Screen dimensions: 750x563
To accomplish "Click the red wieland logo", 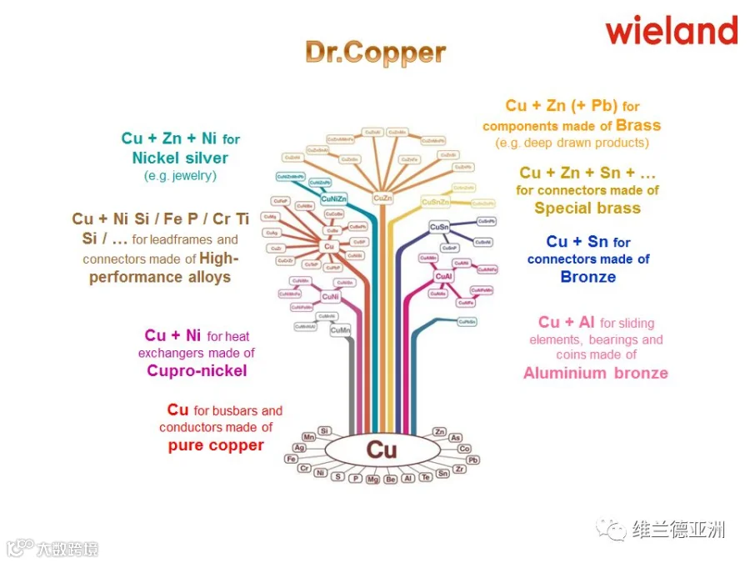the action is (671, 30).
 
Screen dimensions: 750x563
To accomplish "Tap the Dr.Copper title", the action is (375, 53).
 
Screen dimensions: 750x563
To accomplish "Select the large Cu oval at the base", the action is (382, 450).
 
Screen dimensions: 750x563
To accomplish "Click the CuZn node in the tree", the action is (382, 199).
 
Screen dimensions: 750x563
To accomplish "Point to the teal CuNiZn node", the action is (333, 199).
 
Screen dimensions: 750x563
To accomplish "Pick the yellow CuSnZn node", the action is (435, 202).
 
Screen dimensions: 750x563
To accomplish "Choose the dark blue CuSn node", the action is (439, 227).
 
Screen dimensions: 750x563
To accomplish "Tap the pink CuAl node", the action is (444, 275).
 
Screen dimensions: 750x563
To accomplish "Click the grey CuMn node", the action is (340, 331).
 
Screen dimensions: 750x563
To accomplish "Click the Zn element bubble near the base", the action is (439, 431).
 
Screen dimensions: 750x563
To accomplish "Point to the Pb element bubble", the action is (472, 460).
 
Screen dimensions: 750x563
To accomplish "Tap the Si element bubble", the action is (325, 430).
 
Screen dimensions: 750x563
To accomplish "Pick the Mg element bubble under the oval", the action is (372, 479).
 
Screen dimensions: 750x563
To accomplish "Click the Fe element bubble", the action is (291, 459).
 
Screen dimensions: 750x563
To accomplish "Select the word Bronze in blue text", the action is (587, 277).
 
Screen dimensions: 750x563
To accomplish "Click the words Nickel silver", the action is (180, 157).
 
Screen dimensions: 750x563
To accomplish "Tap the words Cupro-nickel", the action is (197, 370).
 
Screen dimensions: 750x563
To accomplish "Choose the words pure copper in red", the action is (216, 445).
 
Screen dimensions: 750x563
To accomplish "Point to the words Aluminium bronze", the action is (595, 373).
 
